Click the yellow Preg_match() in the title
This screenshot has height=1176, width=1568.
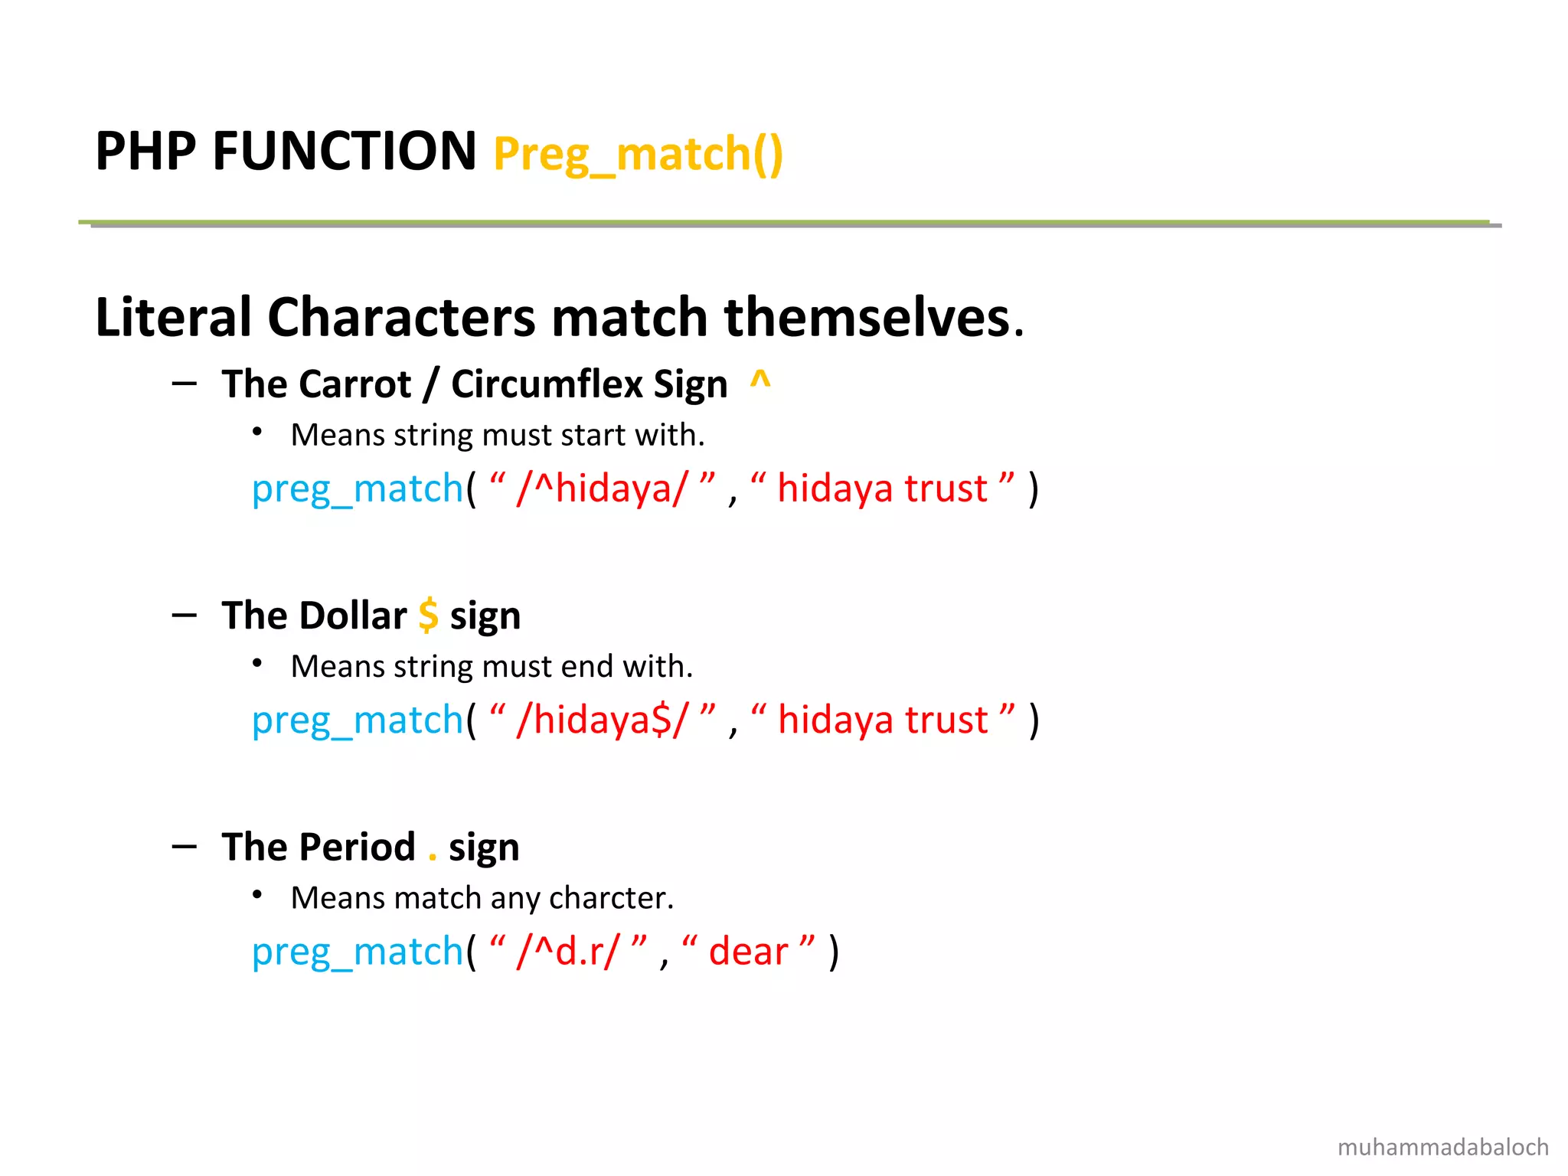pos(639,154)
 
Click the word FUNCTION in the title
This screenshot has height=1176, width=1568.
pos(345,151)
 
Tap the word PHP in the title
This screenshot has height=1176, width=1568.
pos(145,151)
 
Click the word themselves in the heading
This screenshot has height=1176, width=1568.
pos(868,317)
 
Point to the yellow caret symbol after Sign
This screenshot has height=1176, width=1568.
pos(759,380)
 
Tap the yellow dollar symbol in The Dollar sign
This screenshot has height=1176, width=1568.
pos(428,615)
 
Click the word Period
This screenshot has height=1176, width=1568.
pos(357,847)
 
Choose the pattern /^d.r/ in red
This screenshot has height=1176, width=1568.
pos(567,952)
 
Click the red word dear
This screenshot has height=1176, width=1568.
pos(748,952)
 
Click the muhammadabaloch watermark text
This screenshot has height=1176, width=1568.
pos(1442,1147)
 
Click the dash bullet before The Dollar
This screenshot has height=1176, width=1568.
pos(185,615)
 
